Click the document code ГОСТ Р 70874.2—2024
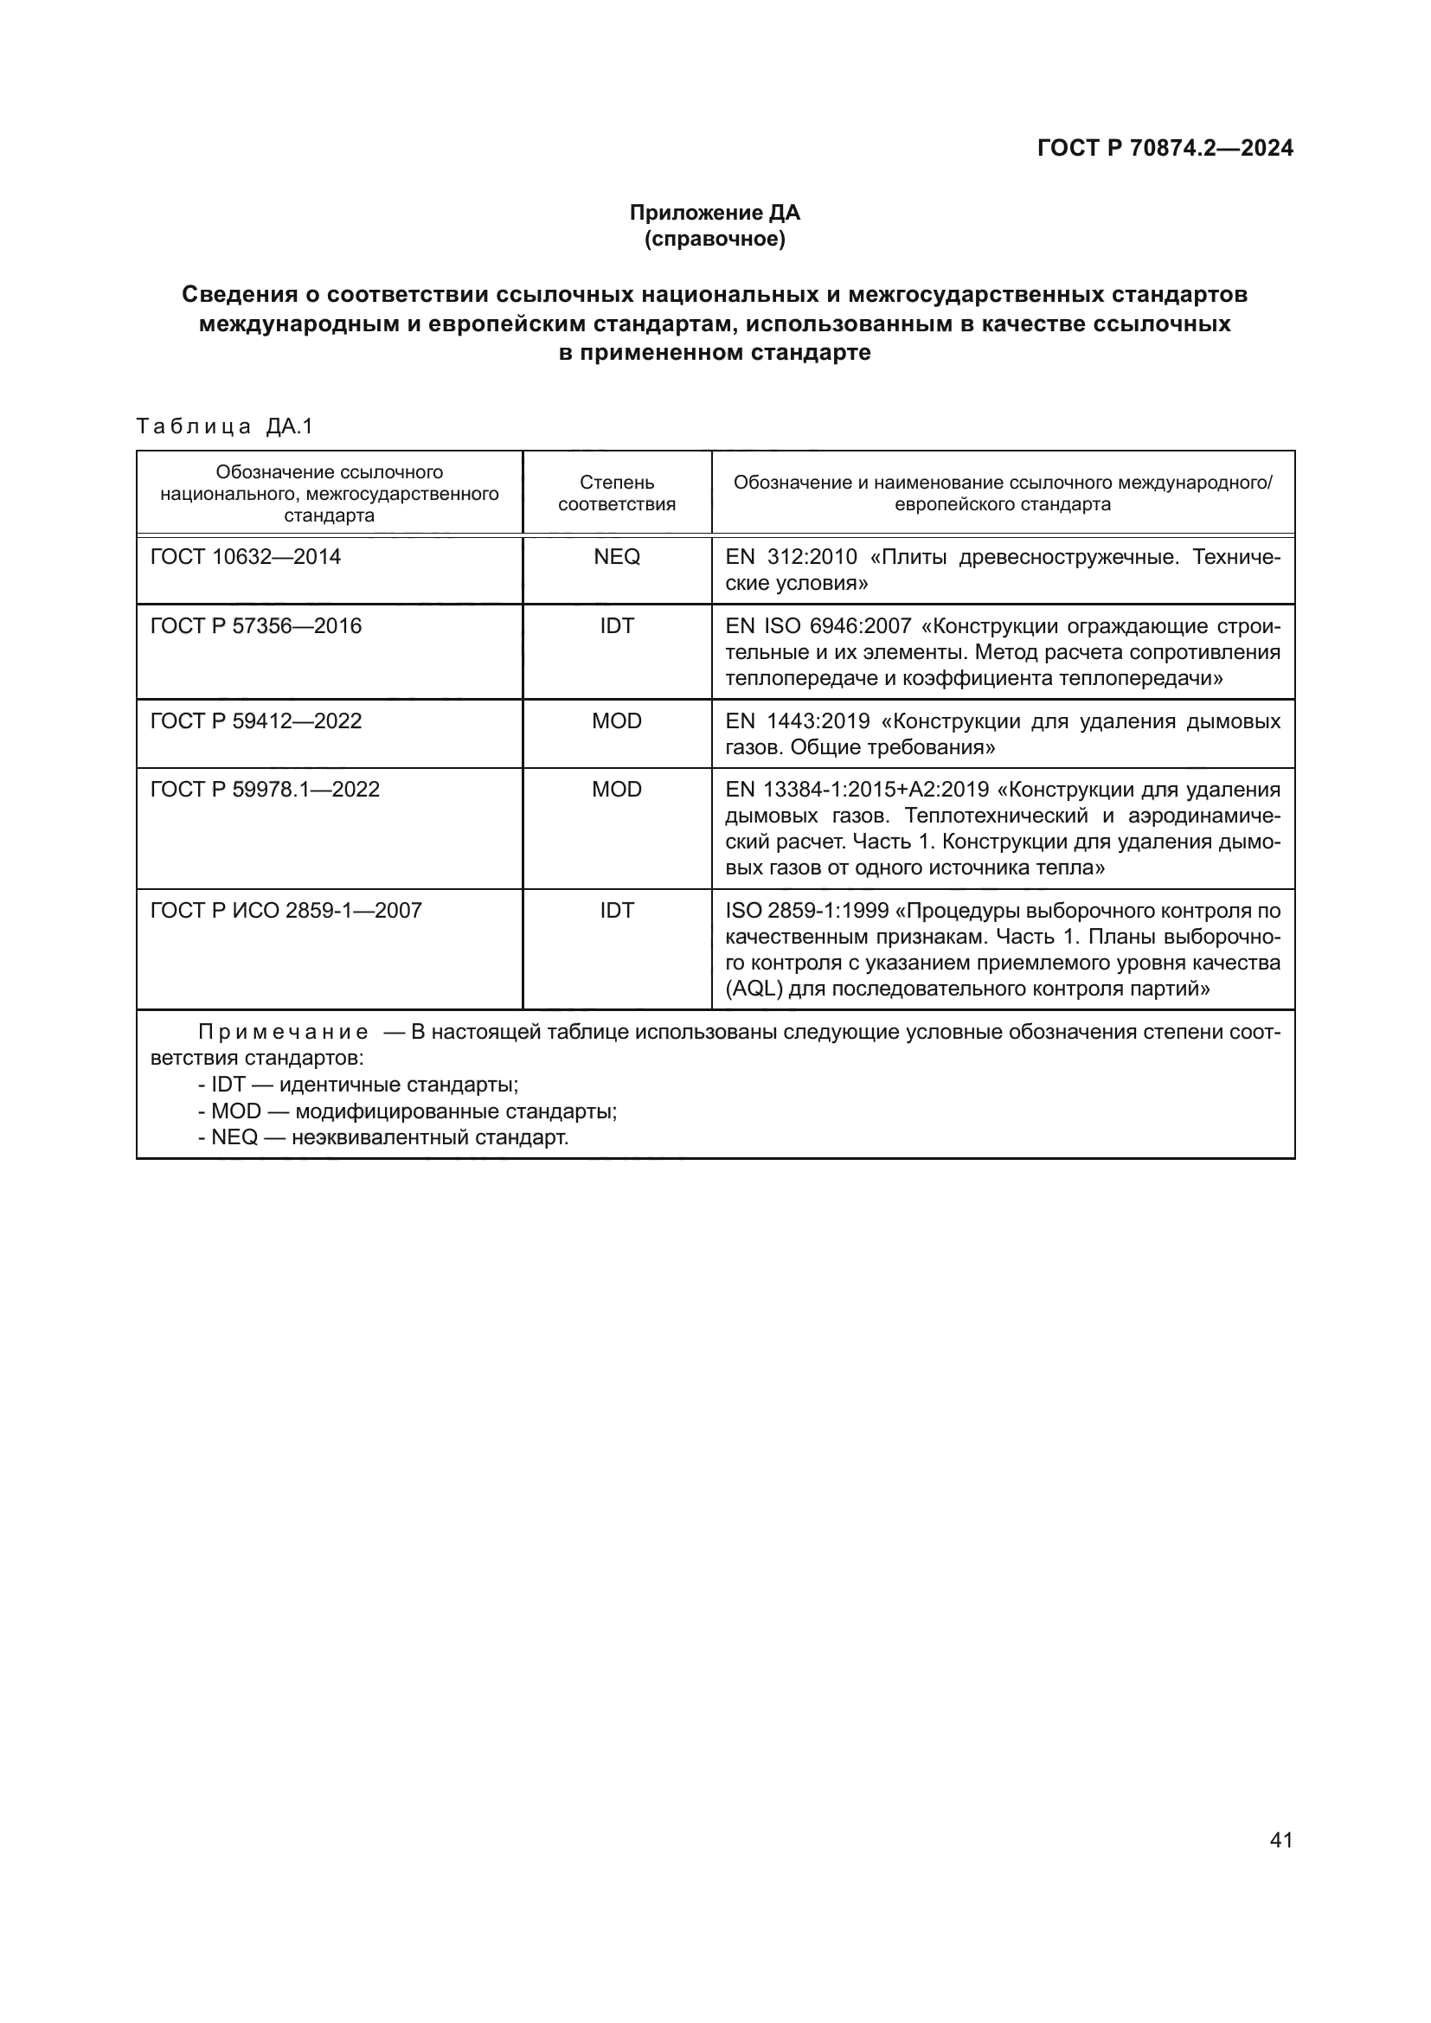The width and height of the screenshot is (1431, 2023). [x=1165, y=148]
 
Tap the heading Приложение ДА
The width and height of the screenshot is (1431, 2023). [x=715, y=213]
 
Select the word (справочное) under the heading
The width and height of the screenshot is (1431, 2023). [x=715, y=239]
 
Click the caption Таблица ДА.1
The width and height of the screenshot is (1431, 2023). [x=225, y=427]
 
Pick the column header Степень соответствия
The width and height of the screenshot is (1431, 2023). [x=617, y=493]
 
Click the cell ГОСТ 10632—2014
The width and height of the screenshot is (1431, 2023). [x=246, y=557]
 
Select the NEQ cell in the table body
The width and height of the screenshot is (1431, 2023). [x=617, y=557]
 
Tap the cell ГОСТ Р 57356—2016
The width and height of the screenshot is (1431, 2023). [x=256, y=625]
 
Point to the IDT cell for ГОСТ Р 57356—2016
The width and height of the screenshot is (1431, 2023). [x=617, y=625]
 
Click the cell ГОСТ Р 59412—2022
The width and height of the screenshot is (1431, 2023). [x=256, y=720]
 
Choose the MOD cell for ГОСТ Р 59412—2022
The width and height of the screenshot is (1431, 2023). [x=617, y=720]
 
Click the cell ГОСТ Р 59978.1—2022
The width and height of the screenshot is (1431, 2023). [x=266, y=789]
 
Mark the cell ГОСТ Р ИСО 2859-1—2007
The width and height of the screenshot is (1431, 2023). [x=286, y=910]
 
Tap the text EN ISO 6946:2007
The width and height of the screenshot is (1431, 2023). [x=818, y=625]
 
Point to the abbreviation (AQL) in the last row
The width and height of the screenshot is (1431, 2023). [x=754, y=989]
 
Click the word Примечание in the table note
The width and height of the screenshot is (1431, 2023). [x=283, y=1033]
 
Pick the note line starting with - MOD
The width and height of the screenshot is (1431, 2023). [x=407, y=1111]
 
